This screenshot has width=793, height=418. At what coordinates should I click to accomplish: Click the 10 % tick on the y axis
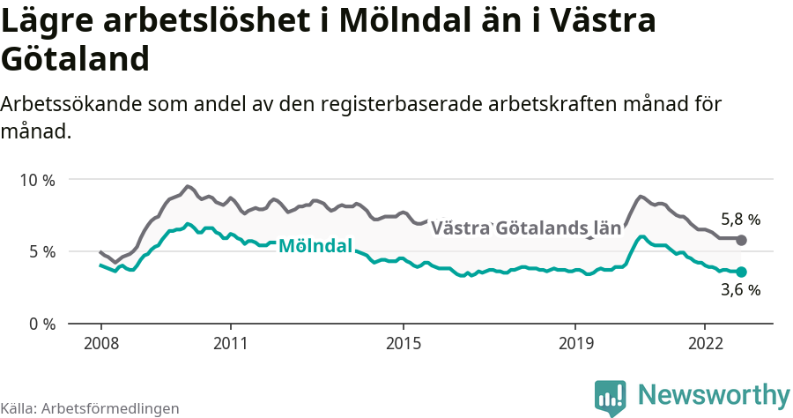click(x=37, y=180)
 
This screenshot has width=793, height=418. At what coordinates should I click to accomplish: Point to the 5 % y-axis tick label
click(x=41, y=251)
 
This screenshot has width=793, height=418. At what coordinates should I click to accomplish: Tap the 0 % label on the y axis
click(x=41, y=324)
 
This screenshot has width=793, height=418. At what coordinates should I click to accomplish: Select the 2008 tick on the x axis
click(x=100, y=343)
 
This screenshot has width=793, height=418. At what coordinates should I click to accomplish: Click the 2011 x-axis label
click(x=230, y=343)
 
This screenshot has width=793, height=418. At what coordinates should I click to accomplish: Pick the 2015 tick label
click(x=403, y=343)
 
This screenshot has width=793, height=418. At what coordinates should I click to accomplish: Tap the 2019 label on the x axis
click(x=575, y=343)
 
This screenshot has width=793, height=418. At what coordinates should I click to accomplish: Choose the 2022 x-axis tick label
click(x=705, y=343)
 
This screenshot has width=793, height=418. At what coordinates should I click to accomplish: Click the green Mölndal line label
click(x=315, y=246)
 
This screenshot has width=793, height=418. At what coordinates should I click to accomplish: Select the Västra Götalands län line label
click(x=525, y=228)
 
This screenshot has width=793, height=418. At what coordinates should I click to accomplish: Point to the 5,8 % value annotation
click(x=740, y=220)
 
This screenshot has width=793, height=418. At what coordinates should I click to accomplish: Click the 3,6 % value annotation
click(x=740, y=290)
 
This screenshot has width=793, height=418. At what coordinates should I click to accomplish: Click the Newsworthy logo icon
click(x=610, y=397)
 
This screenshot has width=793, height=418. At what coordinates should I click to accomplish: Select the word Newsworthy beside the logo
click(x=714, y=394)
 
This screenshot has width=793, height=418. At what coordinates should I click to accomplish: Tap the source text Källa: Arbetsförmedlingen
click(x=90, y=408)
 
